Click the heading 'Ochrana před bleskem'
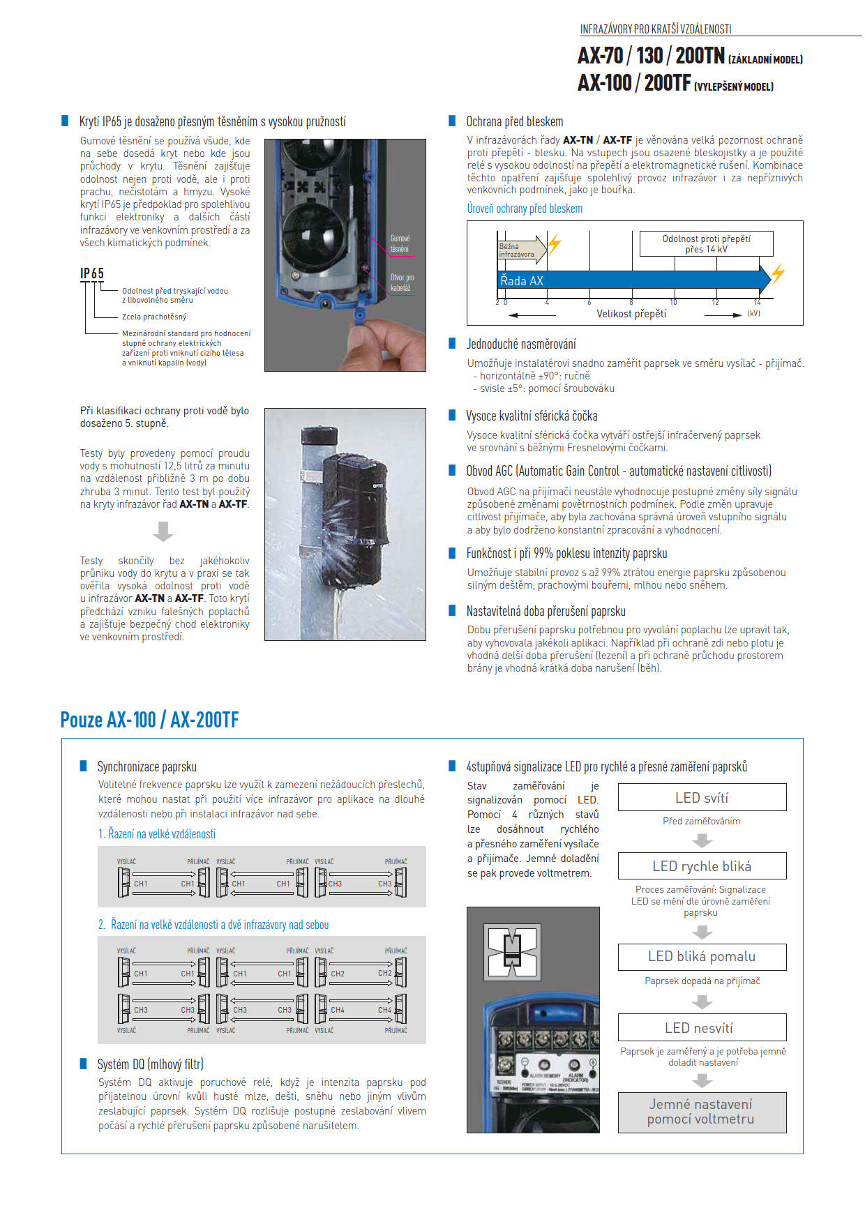[514, 121]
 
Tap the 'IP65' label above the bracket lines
[92, 273]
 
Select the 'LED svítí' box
[702, 797]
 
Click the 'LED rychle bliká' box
[702, 866]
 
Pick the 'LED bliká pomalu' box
[702, 956]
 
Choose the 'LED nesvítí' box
[702, 1027]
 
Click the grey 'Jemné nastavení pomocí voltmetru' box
[702, 1112]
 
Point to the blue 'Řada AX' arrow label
[522, 280]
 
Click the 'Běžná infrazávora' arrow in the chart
[520, 250]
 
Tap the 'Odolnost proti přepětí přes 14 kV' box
[706, 243]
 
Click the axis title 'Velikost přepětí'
[631, 314]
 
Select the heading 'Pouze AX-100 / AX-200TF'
[149, 719]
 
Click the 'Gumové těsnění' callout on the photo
[400, 243]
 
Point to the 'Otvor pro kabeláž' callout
[402, 282]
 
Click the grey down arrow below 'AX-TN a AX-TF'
[163, 531]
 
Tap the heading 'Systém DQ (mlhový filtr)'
[150, 1064]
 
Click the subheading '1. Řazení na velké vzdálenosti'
[157, 833]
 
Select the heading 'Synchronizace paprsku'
[146, 766]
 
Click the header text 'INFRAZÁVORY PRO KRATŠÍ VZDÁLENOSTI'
[655, 29]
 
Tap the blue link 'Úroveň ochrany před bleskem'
[525, 208]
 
